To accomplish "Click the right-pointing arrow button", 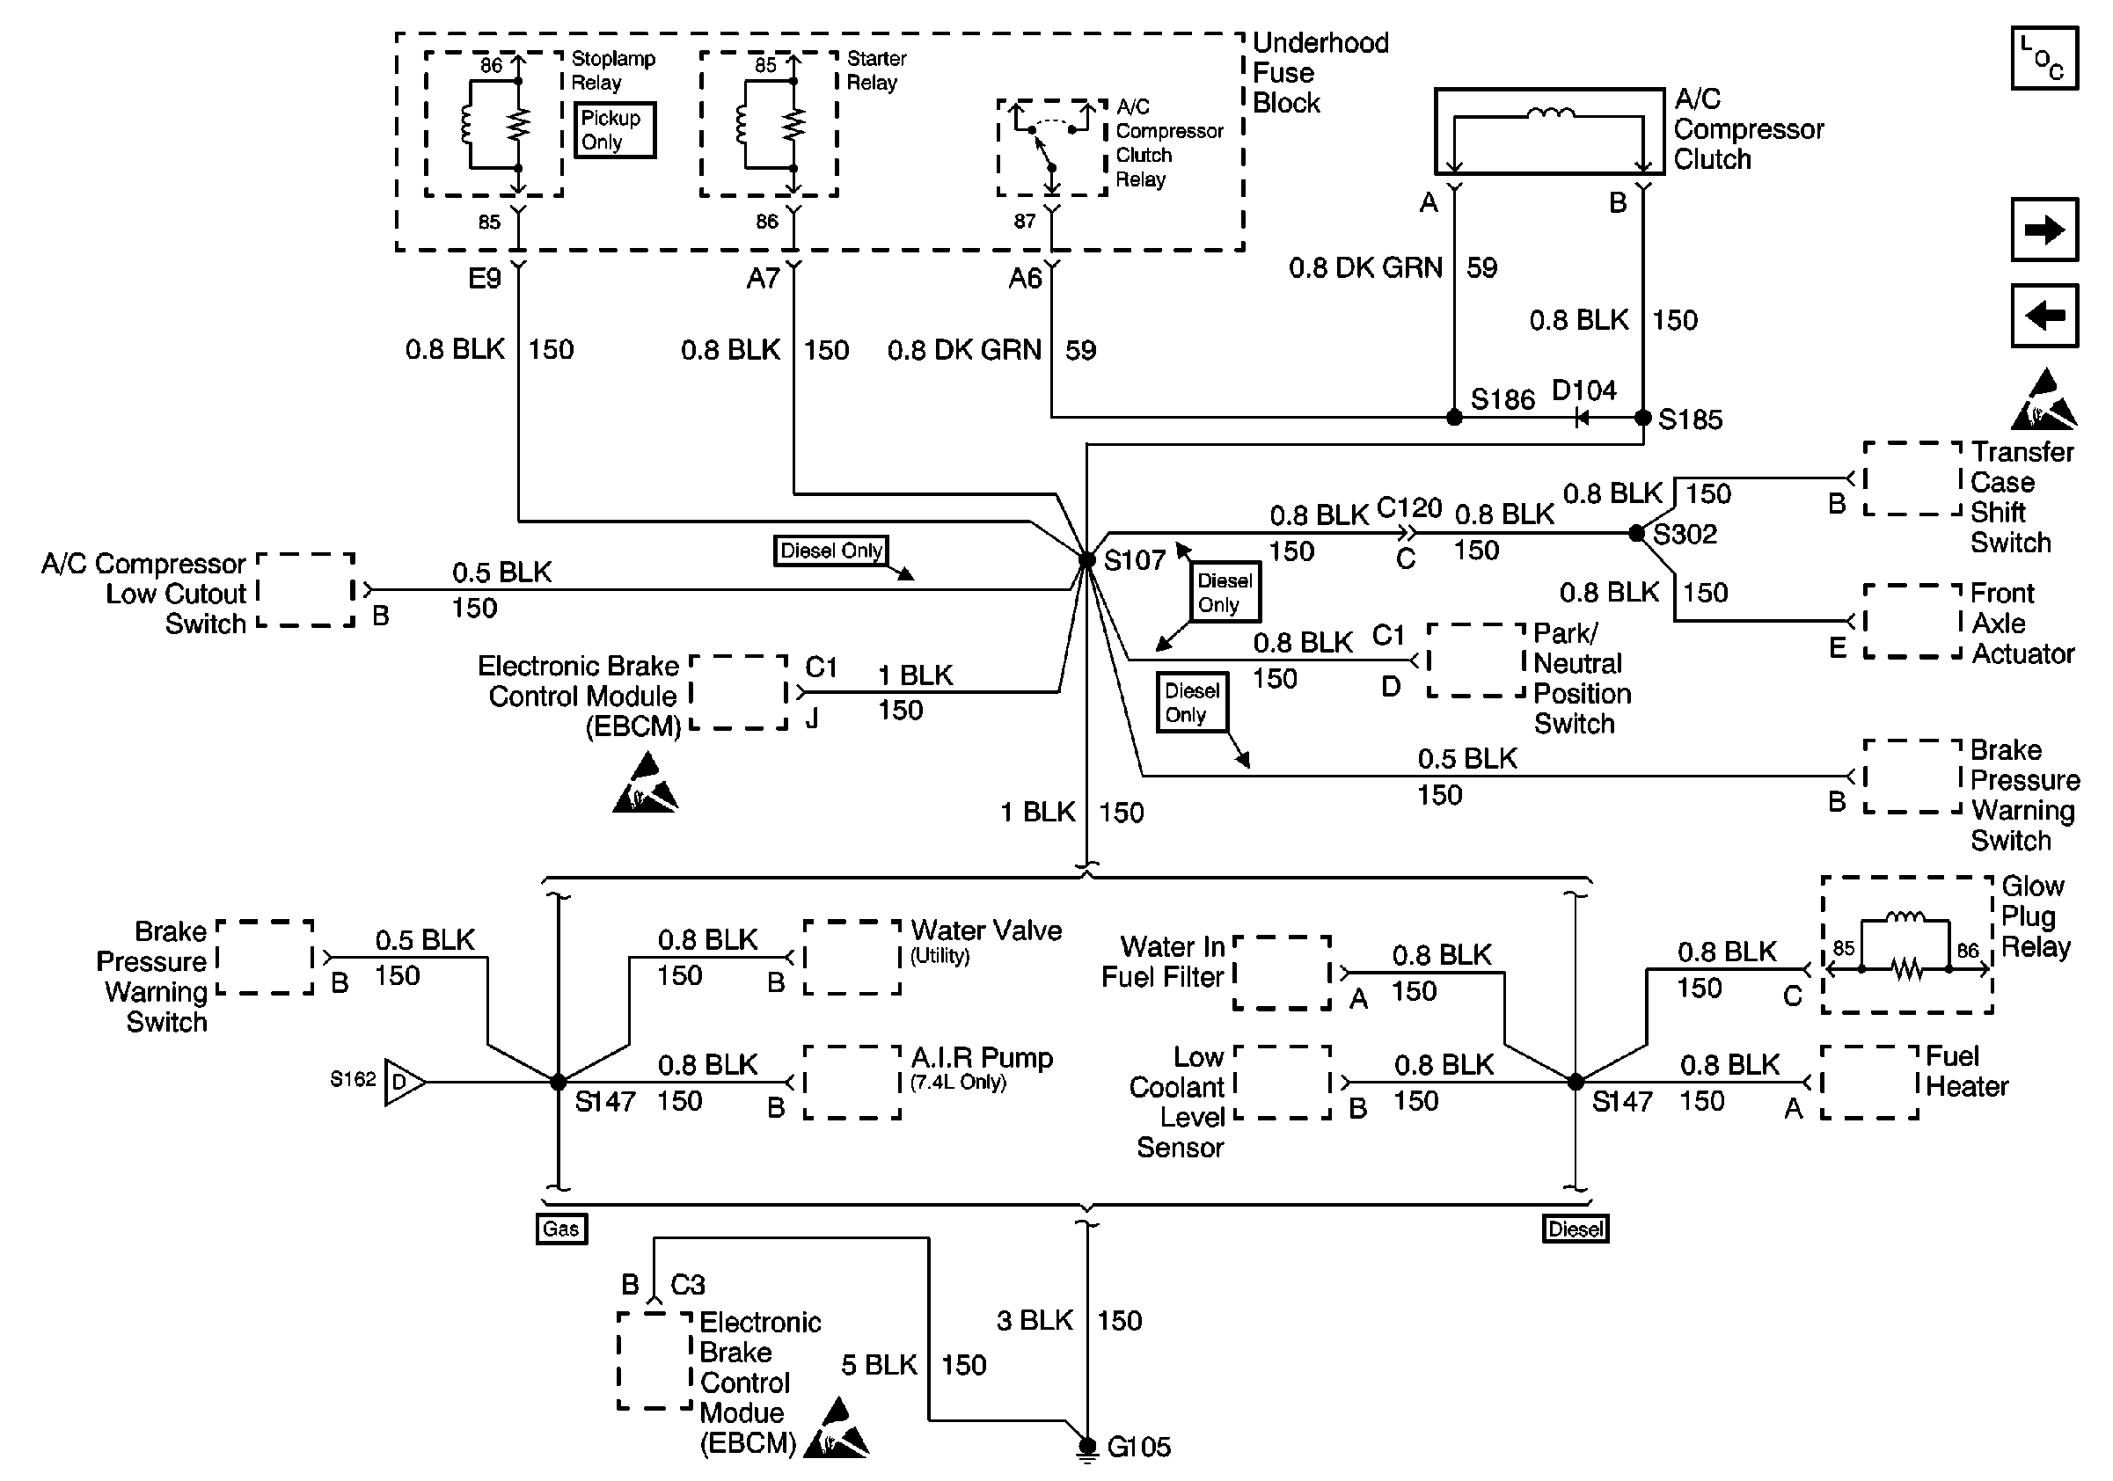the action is point(2044,230).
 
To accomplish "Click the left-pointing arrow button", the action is point(2044,316).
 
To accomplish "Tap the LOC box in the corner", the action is point(2044,59).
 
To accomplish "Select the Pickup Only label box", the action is point(615,129).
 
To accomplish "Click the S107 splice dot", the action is point(1087,559).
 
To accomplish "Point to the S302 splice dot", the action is point(1635,534).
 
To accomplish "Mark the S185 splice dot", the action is point(1642,418).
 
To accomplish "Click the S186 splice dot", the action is point(1454,418).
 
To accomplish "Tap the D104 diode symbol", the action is point(1582,419).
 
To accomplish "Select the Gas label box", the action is point(561,1229).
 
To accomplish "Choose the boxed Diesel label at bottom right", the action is point(1576,1229).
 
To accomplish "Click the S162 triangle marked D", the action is point(404,1082).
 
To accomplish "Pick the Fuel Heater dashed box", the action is point(1870,1082).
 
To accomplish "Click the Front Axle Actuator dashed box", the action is point(1912,621).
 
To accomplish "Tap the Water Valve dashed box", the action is point(852,957).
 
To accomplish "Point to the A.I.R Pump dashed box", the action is point(852,1082).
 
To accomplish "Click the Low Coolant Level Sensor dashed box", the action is point(1282,1082).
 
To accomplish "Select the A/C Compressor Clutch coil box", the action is point(1549,132).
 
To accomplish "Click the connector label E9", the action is point(484,278).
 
